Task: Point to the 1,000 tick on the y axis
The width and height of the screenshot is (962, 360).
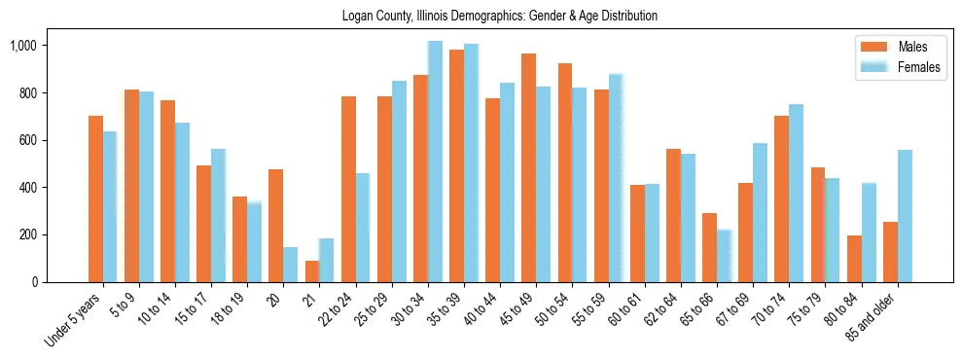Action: click(x=22, y=46)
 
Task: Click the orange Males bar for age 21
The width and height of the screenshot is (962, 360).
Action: click(x=311, y=271)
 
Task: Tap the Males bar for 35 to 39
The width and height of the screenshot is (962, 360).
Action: click(x=456, y=165)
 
